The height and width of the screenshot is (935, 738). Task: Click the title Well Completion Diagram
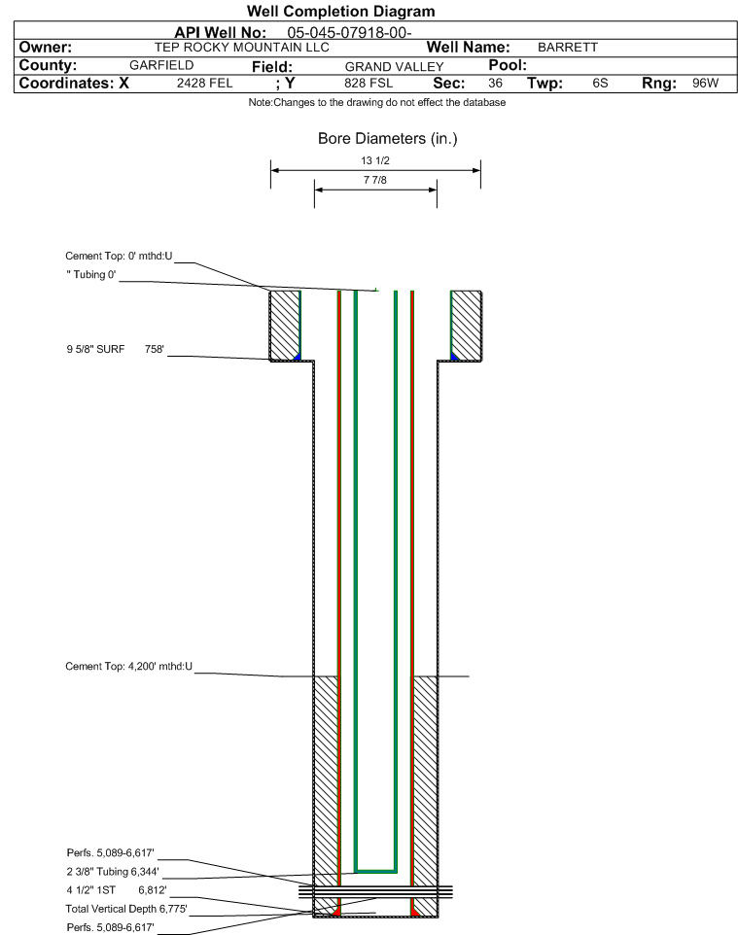click(x=340, y=12)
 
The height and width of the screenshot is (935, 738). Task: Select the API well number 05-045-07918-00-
click(x=349, y=33)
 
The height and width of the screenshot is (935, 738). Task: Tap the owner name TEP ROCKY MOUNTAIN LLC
click(x=242, y=48)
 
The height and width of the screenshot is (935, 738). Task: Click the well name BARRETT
click(x=568, y=48)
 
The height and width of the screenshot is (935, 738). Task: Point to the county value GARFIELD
click(x=161, y=65)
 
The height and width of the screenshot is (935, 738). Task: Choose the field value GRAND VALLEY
click(x=395, y=67)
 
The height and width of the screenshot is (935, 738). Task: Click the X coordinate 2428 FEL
click(x=204, y=83)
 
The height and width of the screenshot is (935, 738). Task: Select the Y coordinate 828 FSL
click(x=369, y=83)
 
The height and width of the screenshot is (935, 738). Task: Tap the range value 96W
click(x=705, y=83)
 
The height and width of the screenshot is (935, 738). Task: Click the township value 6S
click(x=600, y=83)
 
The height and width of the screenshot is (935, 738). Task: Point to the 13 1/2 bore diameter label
click(x=375, y=160)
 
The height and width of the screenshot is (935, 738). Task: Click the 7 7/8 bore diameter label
click(x=375, y=180)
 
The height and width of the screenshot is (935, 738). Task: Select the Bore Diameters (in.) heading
click(x=388, y=139)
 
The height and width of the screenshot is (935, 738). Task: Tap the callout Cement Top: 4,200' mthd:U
click(x=129, y=666)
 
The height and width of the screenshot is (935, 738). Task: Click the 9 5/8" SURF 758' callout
click(x=115, y=349)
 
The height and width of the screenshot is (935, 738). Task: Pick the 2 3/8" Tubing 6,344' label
click(x=113, y=872)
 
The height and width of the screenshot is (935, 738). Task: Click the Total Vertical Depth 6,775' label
click(x=126, y=909)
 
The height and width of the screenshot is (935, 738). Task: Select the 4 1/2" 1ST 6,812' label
click(x=117, y=890)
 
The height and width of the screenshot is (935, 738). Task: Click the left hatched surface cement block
click(x=285, y=325)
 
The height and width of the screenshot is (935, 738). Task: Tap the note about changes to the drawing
click(x=377, y=103)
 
